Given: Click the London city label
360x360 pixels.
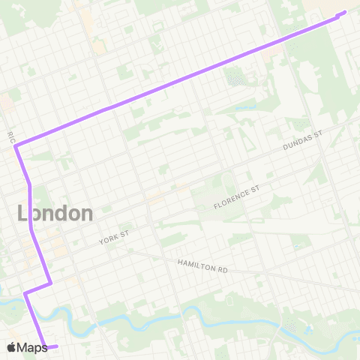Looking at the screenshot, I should tap(55, 213).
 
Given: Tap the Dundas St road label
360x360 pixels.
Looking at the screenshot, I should tap(302, 139).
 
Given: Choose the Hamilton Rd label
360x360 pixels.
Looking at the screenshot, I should tap(202, 266).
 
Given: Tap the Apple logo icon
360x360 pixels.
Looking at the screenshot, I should tap(11, 347).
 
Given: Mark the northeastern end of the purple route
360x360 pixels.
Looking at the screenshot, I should tap(345, 12).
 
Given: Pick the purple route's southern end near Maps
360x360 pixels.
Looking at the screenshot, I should tap(56, 346).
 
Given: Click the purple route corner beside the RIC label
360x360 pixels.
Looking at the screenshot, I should tap(16, 146).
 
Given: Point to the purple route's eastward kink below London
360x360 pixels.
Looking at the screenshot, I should tap(49, 283).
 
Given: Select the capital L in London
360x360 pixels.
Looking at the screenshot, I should tap(22, 213).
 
